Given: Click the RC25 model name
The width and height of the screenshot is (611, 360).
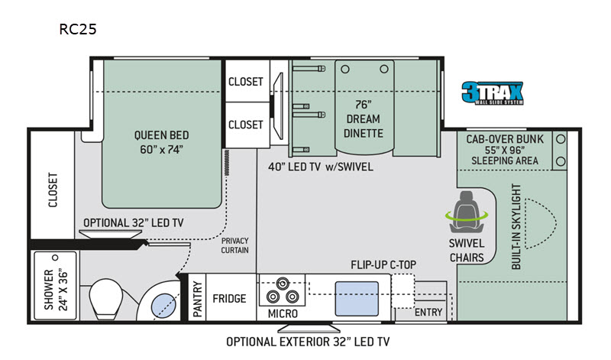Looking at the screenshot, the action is (78, 29).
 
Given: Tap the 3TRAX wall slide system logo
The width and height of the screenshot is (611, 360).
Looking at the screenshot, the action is (493, 92).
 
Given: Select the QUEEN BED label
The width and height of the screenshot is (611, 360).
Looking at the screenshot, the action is (161, 135).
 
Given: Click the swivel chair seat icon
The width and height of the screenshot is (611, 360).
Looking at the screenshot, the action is (467, 212).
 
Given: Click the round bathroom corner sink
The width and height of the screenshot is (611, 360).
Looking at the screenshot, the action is (163, 306).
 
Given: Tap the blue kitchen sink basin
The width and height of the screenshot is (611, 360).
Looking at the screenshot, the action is (357, 298).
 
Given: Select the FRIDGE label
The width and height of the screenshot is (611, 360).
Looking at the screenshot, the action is (229, 299).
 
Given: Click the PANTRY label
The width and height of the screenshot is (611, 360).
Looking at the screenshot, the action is (198, 299).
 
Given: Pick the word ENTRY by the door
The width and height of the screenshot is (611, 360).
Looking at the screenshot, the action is (428, 312).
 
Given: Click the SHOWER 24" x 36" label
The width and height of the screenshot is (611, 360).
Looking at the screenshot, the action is (56, 289).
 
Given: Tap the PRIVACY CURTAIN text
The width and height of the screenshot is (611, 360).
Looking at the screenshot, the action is (234, 245).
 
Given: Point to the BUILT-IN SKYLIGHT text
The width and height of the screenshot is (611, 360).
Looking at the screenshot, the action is (516, 226).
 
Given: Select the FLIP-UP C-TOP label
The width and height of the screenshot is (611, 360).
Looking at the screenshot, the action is (383, 264).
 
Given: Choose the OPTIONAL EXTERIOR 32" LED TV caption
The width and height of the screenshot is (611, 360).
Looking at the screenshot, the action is (308, 342).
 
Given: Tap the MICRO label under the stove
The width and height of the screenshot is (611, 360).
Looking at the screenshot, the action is (283, 313).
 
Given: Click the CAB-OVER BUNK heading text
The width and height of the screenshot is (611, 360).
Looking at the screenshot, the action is (505, 139).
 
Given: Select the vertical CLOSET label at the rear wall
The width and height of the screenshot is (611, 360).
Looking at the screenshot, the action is (53, 190).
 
